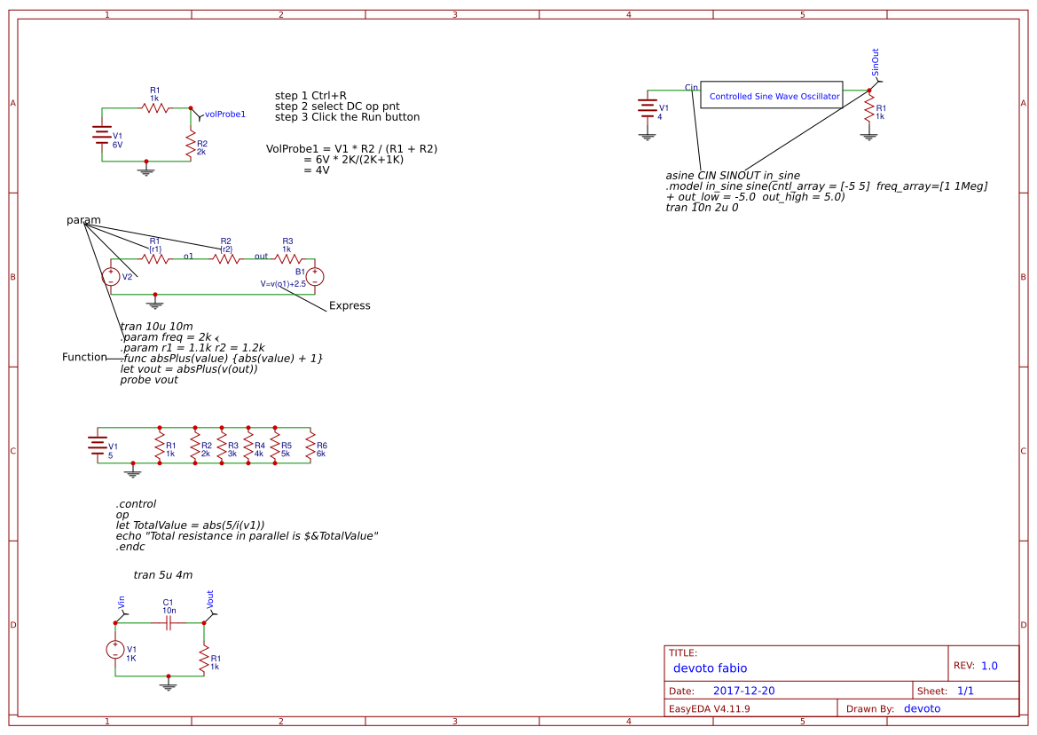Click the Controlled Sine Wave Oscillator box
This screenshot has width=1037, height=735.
[x=771, y=95]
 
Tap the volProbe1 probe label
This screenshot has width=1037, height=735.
[x=224, y=115]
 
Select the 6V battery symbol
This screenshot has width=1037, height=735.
[x=102, y=134]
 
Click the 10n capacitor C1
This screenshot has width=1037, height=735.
[x=168, y=622]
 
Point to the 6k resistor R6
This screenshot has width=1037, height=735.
[x=310, y=446]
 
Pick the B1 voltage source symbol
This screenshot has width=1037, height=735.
[x=315, y=277]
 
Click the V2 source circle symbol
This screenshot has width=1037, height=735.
[x=111, y=277]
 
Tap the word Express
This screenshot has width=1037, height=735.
[x=350, y=305]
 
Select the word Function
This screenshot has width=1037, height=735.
[x=84, y=357]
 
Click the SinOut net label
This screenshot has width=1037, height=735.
[x=876, y=62]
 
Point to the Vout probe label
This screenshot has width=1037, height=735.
[x=210, y=599]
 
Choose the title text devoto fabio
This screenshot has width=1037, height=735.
[x=711, y=668]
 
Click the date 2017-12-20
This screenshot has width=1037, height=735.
[x=744, y=691]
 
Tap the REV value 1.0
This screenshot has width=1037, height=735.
[x=989, y=666]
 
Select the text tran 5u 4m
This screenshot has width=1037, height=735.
[x=163, y=575]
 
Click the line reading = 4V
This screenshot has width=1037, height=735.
[x=317, y=170]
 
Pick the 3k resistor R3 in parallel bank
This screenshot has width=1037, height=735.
[x=222, y=446]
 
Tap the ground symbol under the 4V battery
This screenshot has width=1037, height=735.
[x=647, y=137]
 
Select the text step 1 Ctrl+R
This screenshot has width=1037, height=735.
[x=310, y=96]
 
